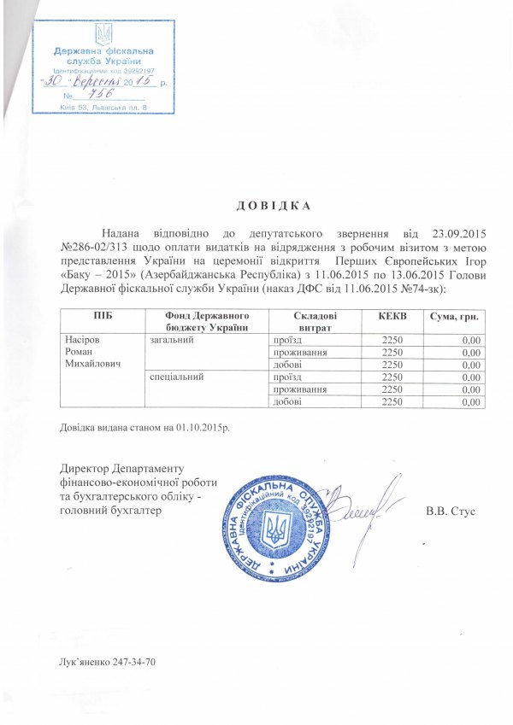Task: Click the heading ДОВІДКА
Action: click(268, 206)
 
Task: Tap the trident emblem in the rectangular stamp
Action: click(103, 35)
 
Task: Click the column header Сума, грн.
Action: click(456, 317)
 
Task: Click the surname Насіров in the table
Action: click(85, 340)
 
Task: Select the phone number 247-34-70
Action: click(132, 662)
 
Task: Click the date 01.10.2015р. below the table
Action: click(203, 426)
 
